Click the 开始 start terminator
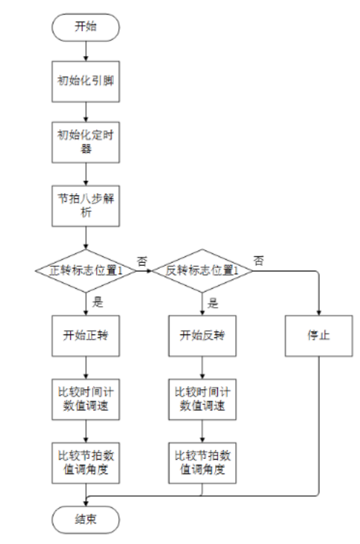[x=86, y=27]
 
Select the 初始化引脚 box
[x=86, y=81]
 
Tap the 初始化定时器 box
[x=86, y=142]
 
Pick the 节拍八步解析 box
[x=86, y=206]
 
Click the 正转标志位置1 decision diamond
[x=86, y=271]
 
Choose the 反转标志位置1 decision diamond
[x=203, y=271]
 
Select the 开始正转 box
[x=86, y=336]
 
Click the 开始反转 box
[x=203, y=336]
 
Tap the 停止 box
[x=319, y=336]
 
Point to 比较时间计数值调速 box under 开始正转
[x=86, y=399]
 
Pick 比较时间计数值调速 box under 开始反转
[x=203, y=399]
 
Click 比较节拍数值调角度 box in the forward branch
[x=86, y=463]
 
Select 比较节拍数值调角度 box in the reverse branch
[x=203, y=463]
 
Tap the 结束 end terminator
[x=86, y=520]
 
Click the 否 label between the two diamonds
[x=142, y=262]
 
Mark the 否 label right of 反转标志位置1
[x=258, y=261]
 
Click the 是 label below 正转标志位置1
[x=97, y=302]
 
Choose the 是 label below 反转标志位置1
[x=213, y=303]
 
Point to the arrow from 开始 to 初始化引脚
[x=86, y=51]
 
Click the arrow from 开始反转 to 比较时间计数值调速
[x=203, y=367]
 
